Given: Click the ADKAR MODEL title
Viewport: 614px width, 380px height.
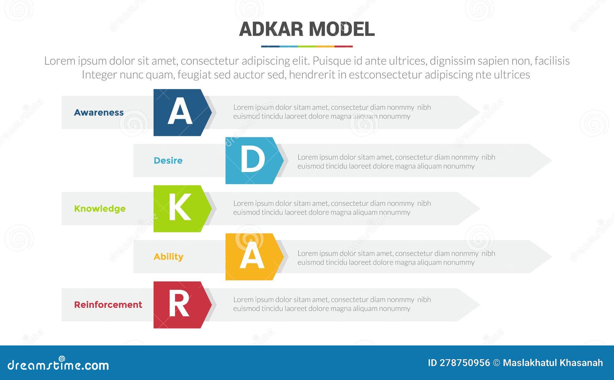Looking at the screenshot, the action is click(307, 29).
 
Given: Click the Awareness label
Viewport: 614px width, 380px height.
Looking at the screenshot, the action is click(99, 112).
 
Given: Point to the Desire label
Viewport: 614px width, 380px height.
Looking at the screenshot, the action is click(168, 160).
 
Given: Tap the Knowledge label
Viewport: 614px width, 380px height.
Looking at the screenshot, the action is click(100, 209).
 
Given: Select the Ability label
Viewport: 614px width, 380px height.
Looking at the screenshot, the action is click(168, 257).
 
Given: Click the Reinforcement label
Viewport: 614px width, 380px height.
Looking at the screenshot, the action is click(108, 305).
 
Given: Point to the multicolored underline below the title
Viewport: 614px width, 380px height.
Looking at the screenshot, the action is click(307, 46).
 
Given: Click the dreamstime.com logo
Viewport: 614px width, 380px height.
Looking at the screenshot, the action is click(58, 364).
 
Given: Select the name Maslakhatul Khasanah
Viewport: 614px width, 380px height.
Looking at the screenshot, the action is click(553, 363).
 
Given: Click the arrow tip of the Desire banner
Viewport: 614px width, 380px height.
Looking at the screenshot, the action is click(551, 160).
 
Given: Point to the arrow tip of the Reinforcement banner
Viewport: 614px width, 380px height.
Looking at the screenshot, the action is click(479, 305).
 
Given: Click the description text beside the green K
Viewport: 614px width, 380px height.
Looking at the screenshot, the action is click(332, 208).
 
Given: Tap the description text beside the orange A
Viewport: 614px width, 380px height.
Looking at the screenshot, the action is click(396, 258).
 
